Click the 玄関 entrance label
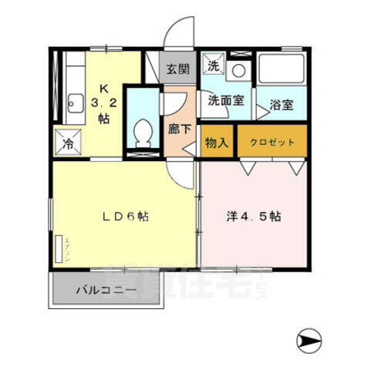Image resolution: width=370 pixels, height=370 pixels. click(177, 68)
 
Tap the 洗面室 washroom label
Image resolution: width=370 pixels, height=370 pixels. click(224, 99)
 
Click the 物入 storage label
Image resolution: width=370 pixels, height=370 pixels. click(217, 142)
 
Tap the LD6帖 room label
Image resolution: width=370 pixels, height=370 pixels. click(124, 217)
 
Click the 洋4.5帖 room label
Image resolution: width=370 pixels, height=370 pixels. click(252, 217)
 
